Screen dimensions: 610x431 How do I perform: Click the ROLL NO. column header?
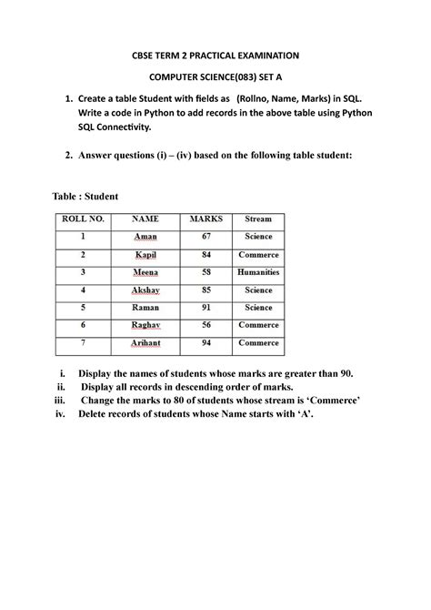tap(83, 219)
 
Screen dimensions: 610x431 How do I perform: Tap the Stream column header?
tap(258, 219)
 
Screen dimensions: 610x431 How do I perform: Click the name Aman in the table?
tap(145, 237)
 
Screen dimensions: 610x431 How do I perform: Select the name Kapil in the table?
tap(145, 255)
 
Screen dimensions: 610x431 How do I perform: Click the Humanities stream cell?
tap(258, 272)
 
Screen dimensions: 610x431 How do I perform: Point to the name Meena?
tap(145, 272)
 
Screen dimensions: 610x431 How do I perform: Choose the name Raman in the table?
tap(145, 308)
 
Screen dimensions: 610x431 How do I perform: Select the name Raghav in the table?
tap(145, 325)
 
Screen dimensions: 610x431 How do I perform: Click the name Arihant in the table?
tap(145, 343)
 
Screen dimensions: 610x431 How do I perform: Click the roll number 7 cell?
tap(83, 343)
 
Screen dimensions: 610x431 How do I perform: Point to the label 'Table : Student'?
tap(87, 197)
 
